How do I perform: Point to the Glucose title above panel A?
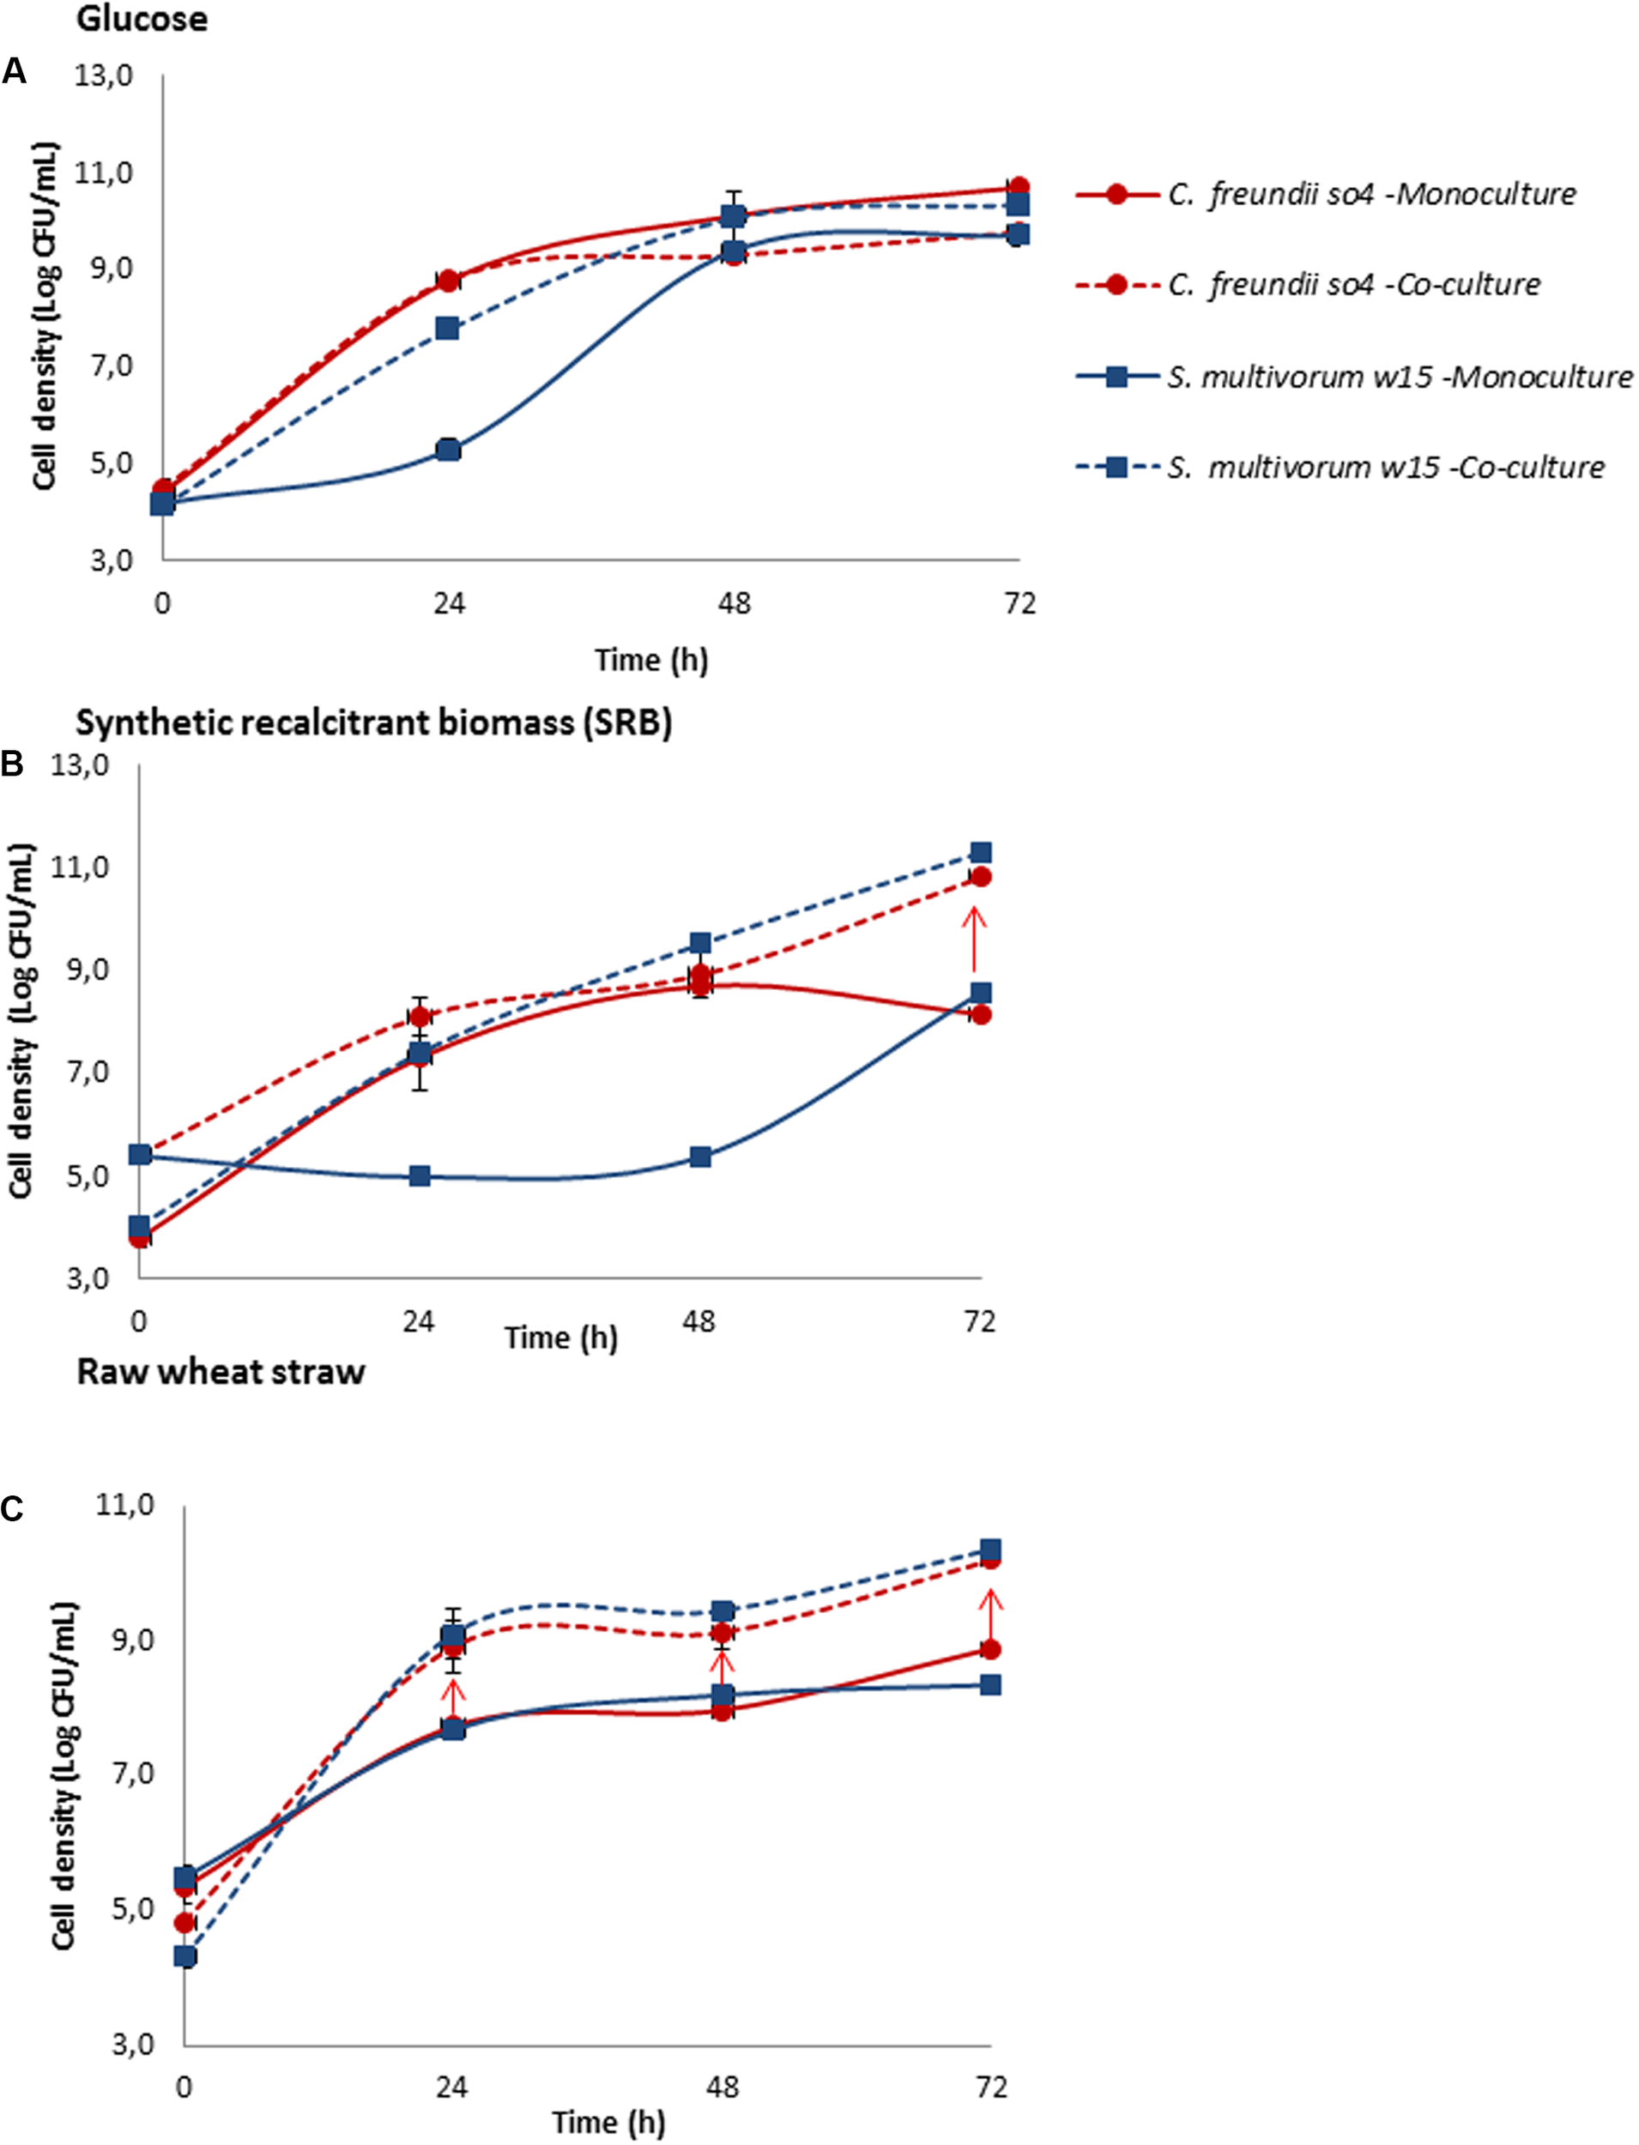[142, 19]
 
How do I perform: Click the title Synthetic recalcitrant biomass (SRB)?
[373, 722]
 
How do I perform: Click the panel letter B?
[13, 764]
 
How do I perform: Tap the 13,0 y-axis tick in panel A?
[104, 76]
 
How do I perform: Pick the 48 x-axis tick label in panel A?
[734, 604]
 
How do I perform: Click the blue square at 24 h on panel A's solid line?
[448, 450]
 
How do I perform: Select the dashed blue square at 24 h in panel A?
[448, 328]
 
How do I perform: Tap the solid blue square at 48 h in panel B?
[699, 1157]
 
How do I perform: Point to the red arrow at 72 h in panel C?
[990, 1619]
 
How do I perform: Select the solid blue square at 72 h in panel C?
[990, 1684]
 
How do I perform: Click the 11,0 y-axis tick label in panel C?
[126, 1505]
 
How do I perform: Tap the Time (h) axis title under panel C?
[608, 2122]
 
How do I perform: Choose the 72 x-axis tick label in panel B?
[979, 1321]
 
